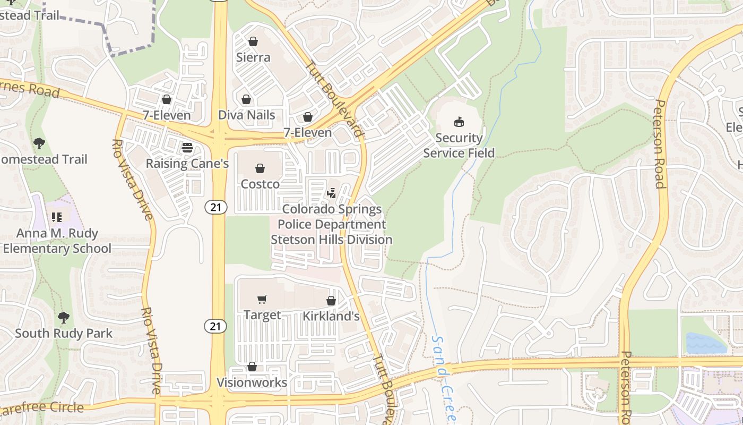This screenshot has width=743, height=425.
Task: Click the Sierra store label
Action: pyautogui.click(x=253, y=57)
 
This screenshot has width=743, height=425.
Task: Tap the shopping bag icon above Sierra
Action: pyautogui.click(x=253, y=41)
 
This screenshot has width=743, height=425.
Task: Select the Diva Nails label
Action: pyautogui.click(x=247, y=115)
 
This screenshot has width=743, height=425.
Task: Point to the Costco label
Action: pyautogui.click(x=260, y=184)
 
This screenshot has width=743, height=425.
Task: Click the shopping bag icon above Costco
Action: pyautogui.click(x=260, y=168)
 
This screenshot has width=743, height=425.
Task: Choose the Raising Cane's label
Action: pyautogui.click(x=187, y=163)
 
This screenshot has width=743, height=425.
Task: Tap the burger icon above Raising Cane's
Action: pyautogui.click(x=187, y=148)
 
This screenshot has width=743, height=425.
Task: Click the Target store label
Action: pyautogui.click(x=262, y=315)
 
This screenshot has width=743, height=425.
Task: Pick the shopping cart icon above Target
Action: pyautogui.click(x=262, y=300)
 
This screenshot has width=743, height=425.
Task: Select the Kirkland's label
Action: pyautogui.click(x=331, y=316)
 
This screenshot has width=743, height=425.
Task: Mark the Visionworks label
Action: pyautogui.click(x=252, y=382)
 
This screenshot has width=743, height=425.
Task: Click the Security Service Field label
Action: pyautogui.click(x=459, y=146)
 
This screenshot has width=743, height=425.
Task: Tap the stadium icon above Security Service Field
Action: pyautogui.click(x=459, y=122)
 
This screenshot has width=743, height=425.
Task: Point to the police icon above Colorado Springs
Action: pyautogui.click(x=332, y=193)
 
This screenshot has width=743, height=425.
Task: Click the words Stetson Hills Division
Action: pyautogui.click(x=332, y=240)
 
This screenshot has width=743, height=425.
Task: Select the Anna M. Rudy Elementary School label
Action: pyautogui.click(x=57, y=241)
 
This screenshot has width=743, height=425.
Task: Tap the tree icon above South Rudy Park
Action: pyautogui.click(x=64, y=318)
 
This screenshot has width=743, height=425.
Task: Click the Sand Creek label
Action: pyautogui.click(x=443, y=377)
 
